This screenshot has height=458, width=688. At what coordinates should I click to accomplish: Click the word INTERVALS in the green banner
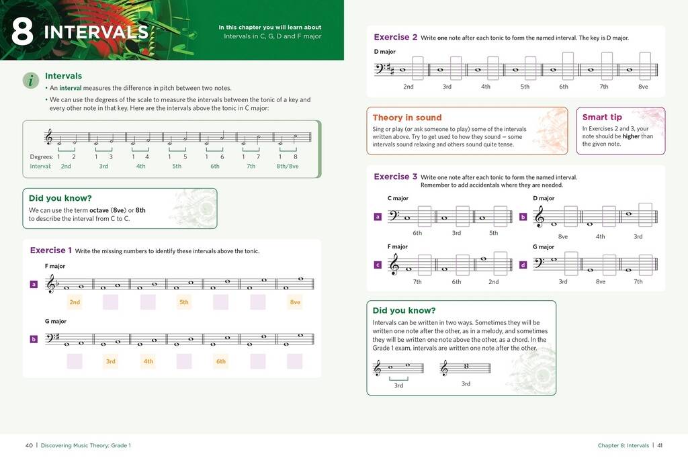point(95,32)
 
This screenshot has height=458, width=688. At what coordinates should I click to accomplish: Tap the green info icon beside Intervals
point(31,81)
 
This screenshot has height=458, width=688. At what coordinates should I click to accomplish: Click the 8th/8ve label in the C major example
point(287,166)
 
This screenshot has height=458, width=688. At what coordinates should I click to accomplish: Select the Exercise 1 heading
point(51,250)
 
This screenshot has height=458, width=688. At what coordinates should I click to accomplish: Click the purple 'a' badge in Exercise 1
point(34,284)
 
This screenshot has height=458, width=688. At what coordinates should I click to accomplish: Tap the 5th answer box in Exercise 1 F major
point(183,302)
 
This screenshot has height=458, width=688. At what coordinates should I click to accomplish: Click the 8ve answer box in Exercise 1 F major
point(295,302)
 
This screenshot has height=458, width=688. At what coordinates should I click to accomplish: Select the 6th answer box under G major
point(221,361)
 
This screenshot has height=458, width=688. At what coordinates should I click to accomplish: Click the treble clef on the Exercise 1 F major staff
point(50,285)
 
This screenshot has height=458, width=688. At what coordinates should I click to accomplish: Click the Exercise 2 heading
point(395,38)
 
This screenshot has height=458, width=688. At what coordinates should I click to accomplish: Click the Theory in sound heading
point(406,118)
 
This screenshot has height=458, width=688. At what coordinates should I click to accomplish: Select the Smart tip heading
point(602,117)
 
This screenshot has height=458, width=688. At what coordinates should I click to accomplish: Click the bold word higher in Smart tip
point(630,136)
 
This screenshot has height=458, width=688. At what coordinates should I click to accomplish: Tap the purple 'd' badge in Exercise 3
point(523,265)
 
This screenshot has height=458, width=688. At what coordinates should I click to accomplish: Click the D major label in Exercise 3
point(544,198)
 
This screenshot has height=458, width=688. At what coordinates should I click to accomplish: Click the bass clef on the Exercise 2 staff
point(381,68)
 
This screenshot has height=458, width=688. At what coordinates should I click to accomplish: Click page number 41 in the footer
point(660,445)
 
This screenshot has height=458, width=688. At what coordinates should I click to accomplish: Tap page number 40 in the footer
point(29,445)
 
